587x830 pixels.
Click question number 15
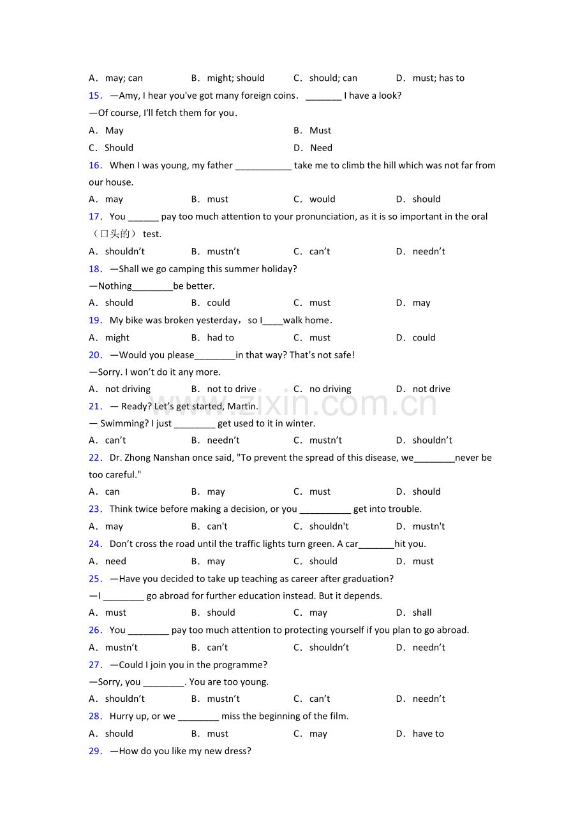click(x=96, y=96)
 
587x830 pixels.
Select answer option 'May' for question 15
click(x=114, y=131)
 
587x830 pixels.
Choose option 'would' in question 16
click(x=322, y=200)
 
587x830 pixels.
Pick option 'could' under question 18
click(x=218, y=303)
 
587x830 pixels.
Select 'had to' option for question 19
click(x=220, y=338)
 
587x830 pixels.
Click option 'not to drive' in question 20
click(x=232, y=389)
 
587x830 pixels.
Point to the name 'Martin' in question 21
click(x=243, y=406)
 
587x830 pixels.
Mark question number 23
click(x=96, y=509)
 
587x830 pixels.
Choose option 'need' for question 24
click(x=115, y=562)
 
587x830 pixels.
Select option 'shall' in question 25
click(x=422, y=613)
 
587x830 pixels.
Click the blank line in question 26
click(x=148, y=630)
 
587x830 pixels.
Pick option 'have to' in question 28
click(x=427, y=734)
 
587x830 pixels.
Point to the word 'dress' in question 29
click(x=238, y=751)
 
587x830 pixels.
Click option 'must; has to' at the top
click(x=438, y=78)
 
